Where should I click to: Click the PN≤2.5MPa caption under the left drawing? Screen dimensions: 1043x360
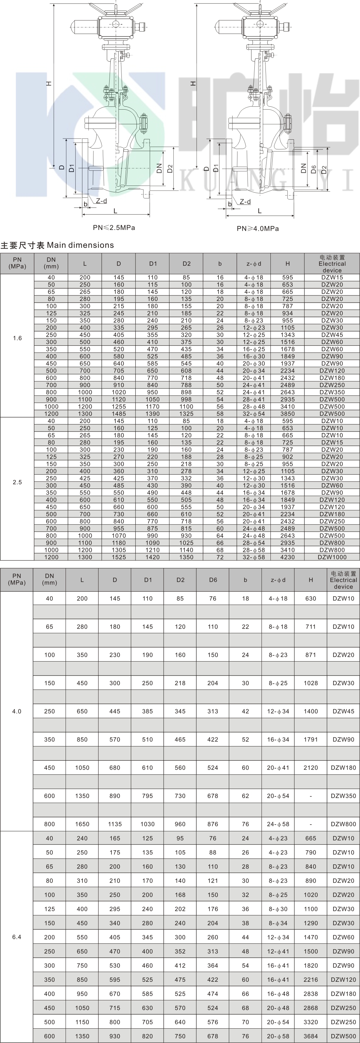click(114, 227)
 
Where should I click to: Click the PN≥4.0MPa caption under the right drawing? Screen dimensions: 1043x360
click(258, 229)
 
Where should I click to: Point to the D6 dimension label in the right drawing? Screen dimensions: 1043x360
click(313, 169)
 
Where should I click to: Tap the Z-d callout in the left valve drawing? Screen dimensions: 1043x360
click(101, 201)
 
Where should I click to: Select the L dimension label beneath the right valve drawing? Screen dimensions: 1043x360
click(260, 211)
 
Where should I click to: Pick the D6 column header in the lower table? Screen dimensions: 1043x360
click(213, 580)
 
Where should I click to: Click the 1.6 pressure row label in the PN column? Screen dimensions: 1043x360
click(17, 338)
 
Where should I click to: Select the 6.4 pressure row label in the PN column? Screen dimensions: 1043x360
click(16, 937)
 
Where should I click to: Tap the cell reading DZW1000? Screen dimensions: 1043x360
click(332, 557)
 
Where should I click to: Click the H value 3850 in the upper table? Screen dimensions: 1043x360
click(288, 414)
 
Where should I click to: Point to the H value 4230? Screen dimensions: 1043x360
click(288, 557)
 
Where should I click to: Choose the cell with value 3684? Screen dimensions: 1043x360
click(311, 1036)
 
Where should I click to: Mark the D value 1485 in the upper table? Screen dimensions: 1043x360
click(119, 414)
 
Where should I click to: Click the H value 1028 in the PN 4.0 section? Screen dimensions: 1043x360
click(311, 683)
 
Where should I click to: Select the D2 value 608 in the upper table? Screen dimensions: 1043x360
click(186, 371)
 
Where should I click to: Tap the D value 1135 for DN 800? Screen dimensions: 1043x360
click(115, 824)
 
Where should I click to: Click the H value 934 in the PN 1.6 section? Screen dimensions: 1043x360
click(288, 313)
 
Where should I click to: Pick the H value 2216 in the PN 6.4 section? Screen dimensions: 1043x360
click(311, 980)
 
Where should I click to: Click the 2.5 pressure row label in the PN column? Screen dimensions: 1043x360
click(17, 482)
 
